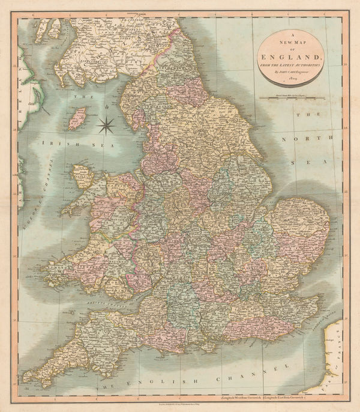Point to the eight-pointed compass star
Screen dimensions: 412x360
[x=106, y=124]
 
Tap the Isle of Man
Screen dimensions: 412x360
[x=77, y=118]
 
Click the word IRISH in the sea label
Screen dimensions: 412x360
[x=52, y=142]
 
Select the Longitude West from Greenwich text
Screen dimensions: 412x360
[x=246, y=398]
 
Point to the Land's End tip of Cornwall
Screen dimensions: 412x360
[x=25, y=380]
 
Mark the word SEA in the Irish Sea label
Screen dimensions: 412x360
[x=84, y=142]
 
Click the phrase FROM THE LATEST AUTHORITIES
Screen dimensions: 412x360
[x=293, y=63]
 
